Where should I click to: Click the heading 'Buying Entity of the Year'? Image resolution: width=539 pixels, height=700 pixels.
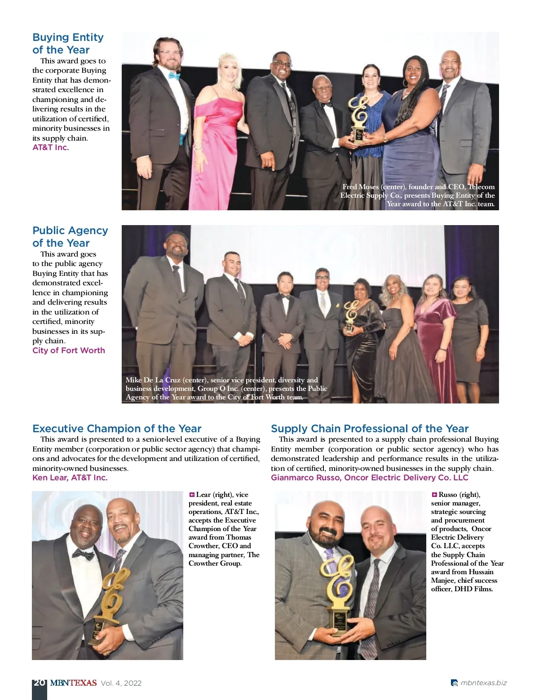click(68, 44)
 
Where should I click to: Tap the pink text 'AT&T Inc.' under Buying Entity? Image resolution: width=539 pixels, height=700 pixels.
click(51, 147)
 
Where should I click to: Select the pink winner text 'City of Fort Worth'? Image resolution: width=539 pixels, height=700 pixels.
click(69, 350)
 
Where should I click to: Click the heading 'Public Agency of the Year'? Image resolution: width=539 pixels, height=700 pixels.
click(70, 237)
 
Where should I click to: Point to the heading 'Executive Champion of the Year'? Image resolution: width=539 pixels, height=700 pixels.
click(117, 429)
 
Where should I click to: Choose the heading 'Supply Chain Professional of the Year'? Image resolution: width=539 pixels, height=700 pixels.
click(369, 429)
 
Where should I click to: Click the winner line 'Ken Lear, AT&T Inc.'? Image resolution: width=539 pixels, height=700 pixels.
click(70, 478)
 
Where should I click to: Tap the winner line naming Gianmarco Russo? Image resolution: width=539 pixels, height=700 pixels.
click(369, 478)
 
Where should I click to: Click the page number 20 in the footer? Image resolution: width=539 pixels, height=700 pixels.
click(39, 683)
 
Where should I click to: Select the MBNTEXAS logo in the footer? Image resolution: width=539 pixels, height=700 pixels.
click(73, 683)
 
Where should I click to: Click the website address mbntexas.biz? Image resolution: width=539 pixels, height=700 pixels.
click(483, 683)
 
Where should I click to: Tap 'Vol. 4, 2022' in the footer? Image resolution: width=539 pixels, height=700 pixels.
click(121, 683)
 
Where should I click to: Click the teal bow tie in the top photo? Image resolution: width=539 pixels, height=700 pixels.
click(174, 75)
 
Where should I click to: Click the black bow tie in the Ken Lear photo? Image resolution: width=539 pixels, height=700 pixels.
click(84, 554)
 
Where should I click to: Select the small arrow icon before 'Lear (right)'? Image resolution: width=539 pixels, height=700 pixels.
click(192, 495)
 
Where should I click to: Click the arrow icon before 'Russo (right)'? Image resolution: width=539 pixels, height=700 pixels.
click(434, 495)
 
